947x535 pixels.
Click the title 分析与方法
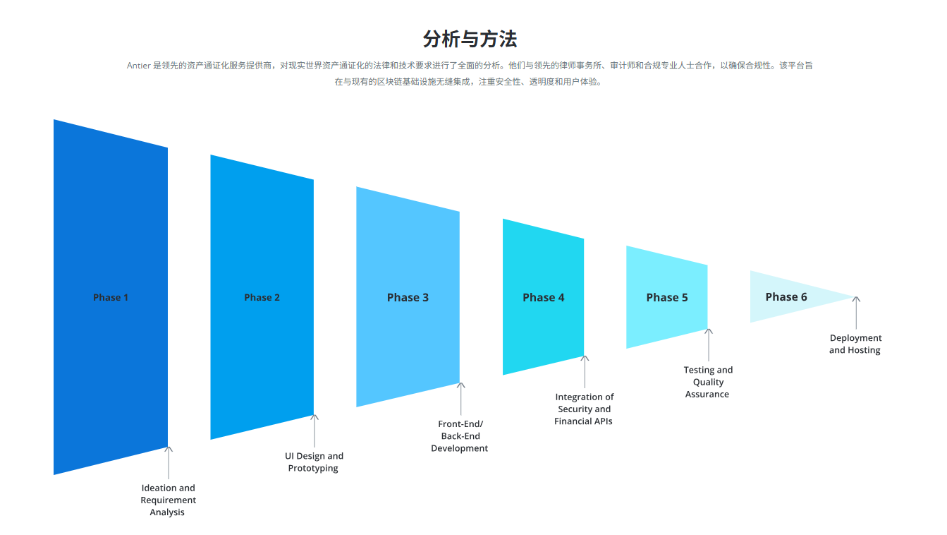click(x=470, y=39)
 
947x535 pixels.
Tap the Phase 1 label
click(x=111, y=298)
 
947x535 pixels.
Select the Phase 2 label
click(x=262, y=298)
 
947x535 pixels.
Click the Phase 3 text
click(x=408, y=298)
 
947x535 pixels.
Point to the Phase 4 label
click(x=543, y=298)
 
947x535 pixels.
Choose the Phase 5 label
click(x=666, y=298)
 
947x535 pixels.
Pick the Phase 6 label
click(x=786, y=297)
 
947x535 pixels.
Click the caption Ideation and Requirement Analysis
click(x=168, y=500)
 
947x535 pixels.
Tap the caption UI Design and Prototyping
click(x=314, y=462)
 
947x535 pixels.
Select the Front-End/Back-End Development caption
click(x=460, y=436)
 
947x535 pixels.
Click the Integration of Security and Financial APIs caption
click(x=584, y=409)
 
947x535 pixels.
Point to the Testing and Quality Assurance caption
click(x=708, y=382)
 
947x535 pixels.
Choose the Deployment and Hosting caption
click(x=855, y=344)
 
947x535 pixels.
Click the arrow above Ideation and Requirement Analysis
click(x=169, y=462)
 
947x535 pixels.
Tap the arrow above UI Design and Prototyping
click(x=314, y=431)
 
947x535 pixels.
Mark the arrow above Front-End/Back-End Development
click(x=460, y=399)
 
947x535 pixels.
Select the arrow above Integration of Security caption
click(x=585, y=372)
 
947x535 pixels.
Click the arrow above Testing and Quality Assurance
click(x=709, y=344)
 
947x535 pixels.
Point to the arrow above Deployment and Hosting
click(x=856, y=313)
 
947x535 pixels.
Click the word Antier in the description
click(x=139, y=66)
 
